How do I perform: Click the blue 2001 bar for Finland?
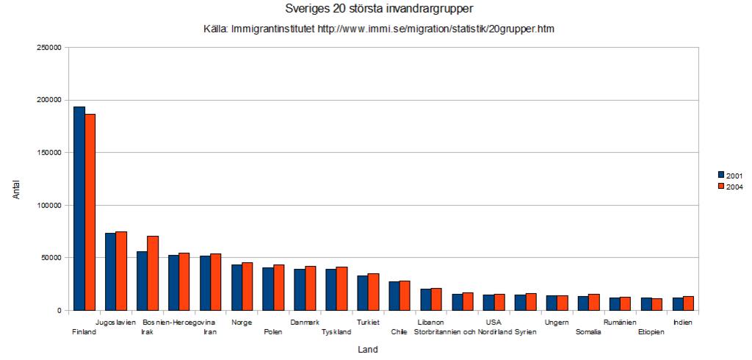tap(79, 209)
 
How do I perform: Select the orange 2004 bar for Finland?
tap(90, 212)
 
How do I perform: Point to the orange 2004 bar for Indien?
tap(688, 303)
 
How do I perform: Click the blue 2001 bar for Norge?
tap(236, 287)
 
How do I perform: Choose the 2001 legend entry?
tap(730, 175)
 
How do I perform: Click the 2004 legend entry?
tap(730, 187)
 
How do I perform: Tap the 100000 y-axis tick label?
tap(48, 206)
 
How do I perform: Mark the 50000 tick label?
tap(51, 258)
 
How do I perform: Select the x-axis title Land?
tap(368, 350)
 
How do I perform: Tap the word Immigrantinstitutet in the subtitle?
tap(273, 29)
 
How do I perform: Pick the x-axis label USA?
tap(493, 323)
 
